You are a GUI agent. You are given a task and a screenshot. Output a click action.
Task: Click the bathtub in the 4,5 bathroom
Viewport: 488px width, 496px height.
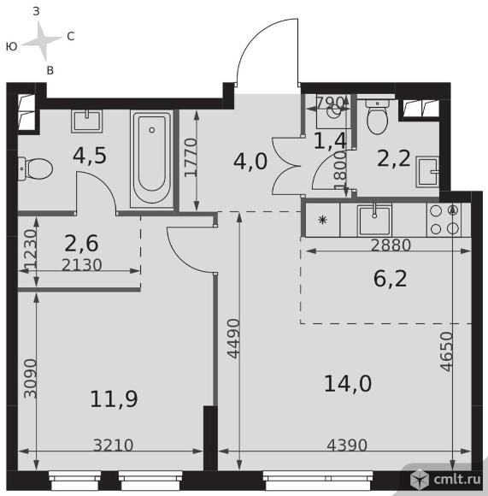point(152,158)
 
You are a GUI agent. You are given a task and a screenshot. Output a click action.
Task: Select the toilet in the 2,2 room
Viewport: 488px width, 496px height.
point(377,115)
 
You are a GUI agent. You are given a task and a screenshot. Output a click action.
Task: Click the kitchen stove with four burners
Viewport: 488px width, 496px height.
point(444,220)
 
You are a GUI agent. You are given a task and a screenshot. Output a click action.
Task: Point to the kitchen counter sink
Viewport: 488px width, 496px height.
point(374,220)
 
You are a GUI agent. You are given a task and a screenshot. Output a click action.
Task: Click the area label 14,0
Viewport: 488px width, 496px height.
point(348,384)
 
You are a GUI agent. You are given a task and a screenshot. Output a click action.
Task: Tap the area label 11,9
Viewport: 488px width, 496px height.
point(114,399)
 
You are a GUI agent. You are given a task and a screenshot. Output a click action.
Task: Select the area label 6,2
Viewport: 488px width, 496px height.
point(390,279)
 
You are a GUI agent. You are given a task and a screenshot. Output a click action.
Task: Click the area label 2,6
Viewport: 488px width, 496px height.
point(81,243)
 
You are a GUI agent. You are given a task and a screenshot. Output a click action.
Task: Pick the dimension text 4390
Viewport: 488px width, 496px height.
point(347,445)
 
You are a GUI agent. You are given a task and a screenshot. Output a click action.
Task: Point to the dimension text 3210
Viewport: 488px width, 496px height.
point(113,445)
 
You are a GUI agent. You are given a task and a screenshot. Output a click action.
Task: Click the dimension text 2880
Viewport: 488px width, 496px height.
point(391,245)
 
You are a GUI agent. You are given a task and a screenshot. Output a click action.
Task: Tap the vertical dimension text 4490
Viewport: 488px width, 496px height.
point(234,339)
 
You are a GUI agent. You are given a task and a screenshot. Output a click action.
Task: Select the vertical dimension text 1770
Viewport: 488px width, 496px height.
point(191,157)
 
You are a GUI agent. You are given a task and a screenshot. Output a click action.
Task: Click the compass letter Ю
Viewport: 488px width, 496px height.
point(11,47)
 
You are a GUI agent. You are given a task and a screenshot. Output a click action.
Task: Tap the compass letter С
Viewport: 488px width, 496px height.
point(70,37)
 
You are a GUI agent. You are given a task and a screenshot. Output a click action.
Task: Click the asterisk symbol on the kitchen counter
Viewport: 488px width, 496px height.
point(322,220)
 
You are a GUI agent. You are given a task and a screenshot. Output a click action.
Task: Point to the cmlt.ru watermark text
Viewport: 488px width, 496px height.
point(457,479)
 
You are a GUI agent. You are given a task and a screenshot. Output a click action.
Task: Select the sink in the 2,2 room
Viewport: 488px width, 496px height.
point(427,171)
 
